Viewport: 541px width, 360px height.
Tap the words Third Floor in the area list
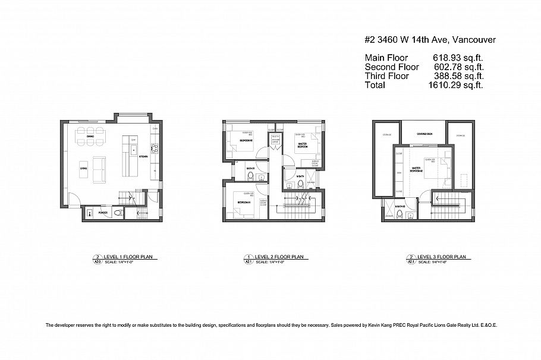[x=386, y=76]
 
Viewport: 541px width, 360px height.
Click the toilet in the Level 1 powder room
[x=118, y=211]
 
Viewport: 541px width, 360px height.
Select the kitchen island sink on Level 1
[x=133, y=149]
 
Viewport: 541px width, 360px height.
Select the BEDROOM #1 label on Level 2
[x=243, y=203]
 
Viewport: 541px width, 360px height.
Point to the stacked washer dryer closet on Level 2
[x=275, y=141]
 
